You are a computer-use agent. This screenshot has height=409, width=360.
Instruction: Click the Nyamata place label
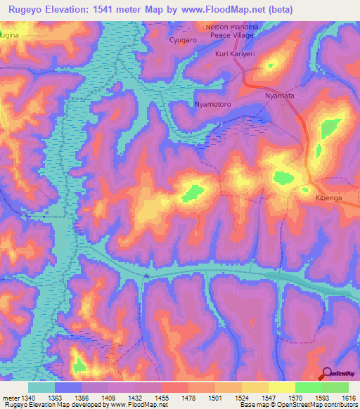point(283,93)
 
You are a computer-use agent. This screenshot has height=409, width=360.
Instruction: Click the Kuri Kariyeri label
point(236,53)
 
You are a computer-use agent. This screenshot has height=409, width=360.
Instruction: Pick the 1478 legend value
point(188,398)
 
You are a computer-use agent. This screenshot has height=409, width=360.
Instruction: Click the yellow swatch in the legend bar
point(281,387)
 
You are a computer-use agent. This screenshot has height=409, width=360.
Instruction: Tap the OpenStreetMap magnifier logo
point(326,373)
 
